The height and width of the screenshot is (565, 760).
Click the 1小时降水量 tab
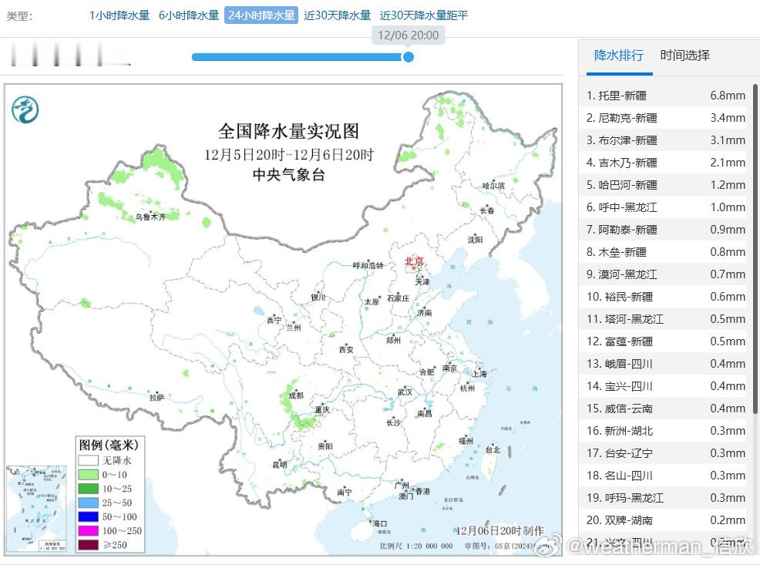pos(119,15)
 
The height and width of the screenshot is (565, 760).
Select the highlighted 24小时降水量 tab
pos(261,15)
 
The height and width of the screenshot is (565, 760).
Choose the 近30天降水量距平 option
pos(423,15)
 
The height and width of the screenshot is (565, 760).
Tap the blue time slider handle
pos(409,56)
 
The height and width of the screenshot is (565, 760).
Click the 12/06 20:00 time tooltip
pos(408,35)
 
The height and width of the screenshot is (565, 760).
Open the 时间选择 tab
pos(684,55)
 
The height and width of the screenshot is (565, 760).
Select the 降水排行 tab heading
pos(618,55)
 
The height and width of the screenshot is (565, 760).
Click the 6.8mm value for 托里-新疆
pos(727,96)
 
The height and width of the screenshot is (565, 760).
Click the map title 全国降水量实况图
pos(288,131)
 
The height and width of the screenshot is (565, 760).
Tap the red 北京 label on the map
pos(414,262)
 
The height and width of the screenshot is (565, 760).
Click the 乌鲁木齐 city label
pos(150,217)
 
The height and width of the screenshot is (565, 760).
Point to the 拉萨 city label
pos(156,398)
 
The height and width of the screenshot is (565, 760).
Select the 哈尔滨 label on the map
pos(493,186)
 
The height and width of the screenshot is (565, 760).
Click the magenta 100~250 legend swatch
pos(87,531)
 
